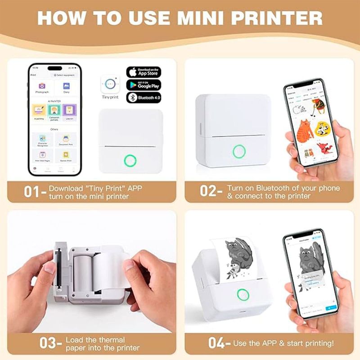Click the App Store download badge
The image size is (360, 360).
[144, 72]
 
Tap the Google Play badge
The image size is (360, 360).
[144, 85]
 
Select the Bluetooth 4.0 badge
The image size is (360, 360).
[144, 98]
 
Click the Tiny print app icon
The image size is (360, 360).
[110, 85]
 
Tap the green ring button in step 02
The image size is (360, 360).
[239, 151]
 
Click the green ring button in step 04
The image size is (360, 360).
[243, 295]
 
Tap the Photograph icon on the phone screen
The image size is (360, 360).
[42, 85]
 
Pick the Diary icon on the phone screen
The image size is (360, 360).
[67, 85]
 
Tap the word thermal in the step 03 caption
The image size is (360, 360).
[110, 339]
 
